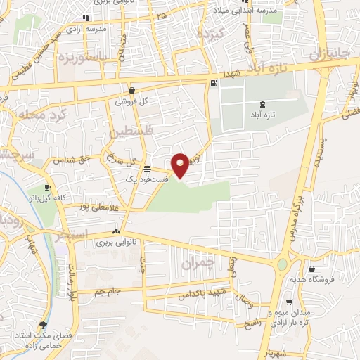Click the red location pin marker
[x=180, y=165]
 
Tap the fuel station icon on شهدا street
[x=213, y=83]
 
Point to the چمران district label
[x=196, y=264]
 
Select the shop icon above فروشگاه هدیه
[x=311, y=268]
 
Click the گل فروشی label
[x=135, y=101]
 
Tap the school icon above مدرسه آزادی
[x=85, y=18]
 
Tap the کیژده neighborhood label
[x=210, y=34]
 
